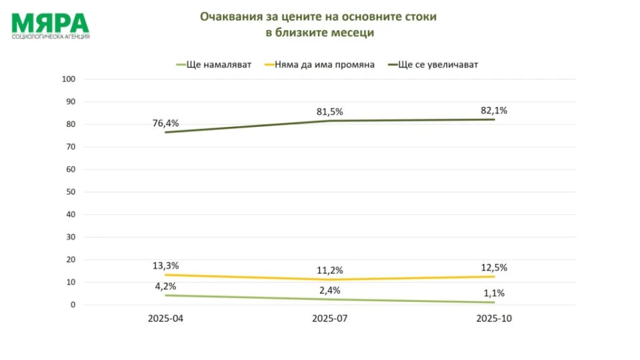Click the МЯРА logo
click(x=50, y=25)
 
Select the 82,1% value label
click(x=494, y=110)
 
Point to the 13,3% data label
click(x=166, y=266)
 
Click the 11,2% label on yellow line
click(x=330, y=271)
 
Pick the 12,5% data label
click(x=494, y=267)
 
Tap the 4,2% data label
click(x=166, y=286)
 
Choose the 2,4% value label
click(x=330, y=290)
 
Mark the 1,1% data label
click(x=494, y=293)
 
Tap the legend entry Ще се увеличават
click(x=438, y=65)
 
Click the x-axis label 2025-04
click(x=166, y=319)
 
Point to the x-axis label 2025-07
click(x=330, y=319)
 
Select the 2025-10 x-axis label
click(x=494, y=319)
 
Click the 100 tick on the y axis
click(x=70, y=79)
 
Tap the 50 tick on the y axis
click(x=72, y=192)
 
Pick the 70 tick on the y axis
click(x=72, y=147)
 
